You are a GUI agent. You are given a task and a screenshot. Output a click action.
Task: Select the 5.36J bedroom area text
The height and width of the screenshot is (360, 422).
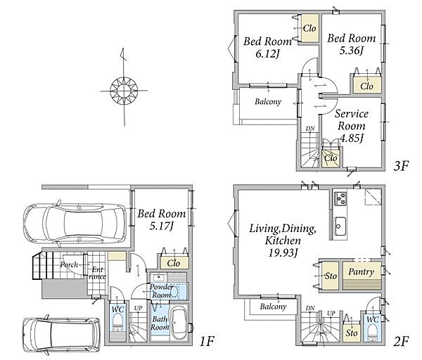click(x=352, y=51)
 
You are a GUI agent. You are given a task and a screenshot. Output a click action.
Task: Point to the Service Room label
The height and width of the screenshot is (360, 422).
click(x=352, y=120)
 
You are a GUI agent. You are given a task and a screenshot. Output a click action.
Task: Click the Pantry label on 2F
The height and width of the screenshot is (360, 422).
click(x=361, y=271)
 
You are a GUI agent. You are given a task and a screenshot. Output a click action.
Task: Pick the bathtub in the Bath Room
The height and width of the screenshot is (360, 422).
click(x=177, y=323)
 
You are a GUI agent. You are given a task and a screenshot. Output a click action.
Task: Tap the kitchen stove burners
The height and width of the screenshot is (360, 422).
click(x=340, y=198)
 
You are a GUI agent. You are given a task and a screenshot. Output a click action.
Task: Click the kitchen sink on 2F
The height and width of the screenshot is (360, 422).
click(x=340, y=226)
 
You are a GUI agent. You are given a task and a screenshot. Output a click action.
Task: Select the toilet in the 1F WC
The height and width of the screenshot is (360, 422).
click(x=117, y=322)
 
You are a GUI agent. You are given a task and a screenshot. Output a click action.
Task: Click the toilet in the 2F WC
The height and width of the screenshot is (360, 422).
click(x=373, y=331)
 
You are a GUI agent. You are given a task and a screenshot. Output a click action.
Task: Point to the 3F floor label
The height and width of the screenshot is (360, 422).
click(x=401, y=166)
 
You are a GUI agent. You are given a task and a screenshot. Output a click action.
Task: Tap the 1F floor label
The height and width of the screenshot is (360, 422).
click(x=207, y=342)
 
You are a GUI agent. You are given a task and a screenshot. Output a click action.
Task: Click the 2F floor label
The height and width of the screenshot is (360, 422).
click(x=401, y=341)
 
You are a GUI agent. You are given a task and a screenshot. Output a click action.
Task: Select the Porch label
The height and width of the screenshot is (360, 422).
click(x=69, y=265)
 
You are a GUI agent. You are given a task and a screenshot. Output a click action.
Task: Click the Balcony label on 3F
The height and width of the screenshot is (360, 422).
click(x=268, y=102)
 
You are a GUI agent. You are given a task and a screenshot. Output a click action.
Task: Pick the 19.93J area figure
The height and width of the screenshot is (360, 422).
click(x=283, y=253)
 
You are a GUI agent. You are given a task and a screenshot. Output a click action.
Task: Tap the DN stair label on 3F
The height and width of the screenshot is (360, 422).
click(x=310, y=129)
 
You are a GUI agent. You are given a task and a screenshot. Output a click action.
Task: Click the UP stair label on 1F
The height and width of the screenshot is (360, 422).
click(x=138, y=308)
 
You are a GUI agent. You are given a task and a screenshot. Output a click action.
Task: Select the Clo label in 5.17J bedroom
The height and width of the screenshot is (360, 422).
click(x=173, y=263)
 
